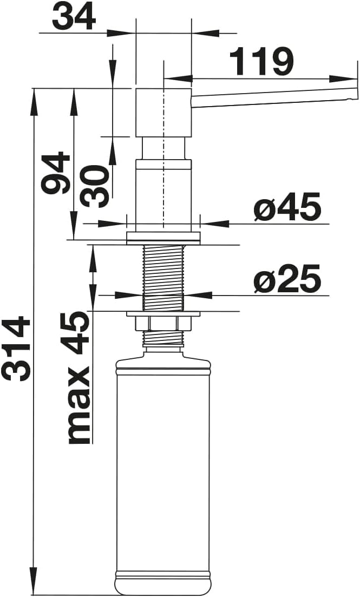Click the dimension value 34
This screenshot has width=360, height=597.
coord(74,17)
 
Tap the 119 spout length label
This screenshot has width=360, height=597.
coord(261,62)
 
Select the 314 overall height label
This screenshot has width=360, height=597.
coord(16,348)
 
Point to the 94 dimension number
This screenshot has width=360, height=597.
coord(56,173)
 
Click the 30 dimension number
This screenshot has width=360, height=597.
coord(94,186)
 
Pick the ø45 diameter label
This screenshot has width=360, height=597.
coord(287,208)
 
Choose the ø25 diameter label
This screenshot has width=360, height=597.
coord(287,280)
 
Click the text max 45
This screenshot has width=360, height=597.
coord(79,378)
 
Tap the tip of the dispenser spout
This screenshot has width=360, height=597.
coord(357,94)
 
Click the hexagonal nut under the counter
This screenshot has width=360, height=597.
coord(163,324)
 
